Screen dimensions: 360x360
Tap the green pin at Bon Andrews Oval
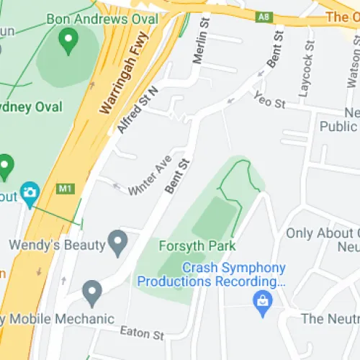coord(68,42)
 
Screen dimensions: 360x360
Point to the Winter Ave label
coord(150,175)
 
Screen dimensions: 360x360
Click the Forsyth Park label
coord(197,246)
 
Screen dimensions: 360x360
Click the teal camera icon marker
coord(30,192)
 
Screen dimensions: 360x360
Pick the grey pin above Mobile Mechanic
coord(91,292)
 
